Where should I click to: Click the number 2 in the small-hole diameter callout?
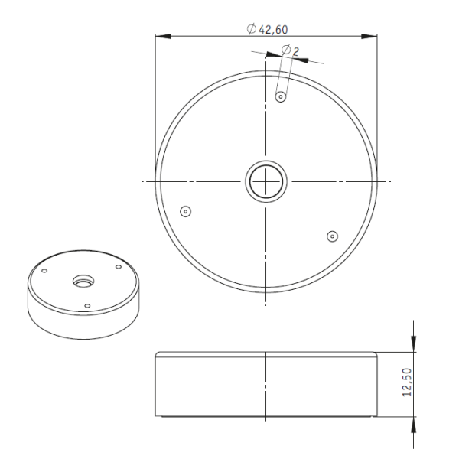(296, 50)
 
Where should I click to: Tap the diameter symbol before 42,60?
(252, 28)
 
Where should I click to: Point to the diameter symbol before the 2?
(285, 50)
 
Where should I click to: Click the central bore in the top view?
(265, 181)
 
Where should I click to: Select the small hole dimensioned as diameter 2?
(281, 97)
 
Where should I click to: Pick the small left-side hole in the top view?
(184, 210)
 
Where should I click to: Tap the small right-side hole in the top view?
(331, 236)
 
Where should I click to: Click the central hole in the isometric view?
(81, 282)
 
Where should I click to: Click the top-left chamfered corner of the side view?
(157, 354)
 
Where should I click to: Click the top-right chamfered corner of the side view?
(376, 354)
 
